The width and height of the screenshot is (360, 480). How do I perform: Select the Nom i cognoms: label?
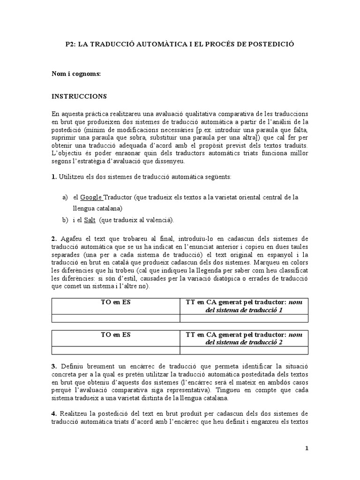[x=76, y=74]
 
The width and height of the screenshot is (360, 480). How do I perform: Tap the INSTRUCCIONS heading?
[x=79, y=97]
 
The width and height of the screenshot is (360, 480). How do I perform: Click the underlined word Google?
[x=91, y=197]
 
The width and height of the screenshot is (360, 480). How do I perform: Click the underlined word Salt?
[x=90, y=219]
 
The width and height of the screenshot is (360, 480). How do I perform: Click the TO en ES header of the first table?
[x=116, y=302]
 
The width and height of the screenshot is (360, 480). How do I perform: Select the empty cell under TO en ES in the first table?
[x=116, y=318]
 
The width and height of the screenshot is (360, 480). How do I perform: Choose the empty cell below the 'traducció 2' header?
[x=244, y=351]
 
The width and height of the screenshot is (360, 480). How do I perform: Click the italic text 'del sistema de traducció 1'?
[x=244, y=310]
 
